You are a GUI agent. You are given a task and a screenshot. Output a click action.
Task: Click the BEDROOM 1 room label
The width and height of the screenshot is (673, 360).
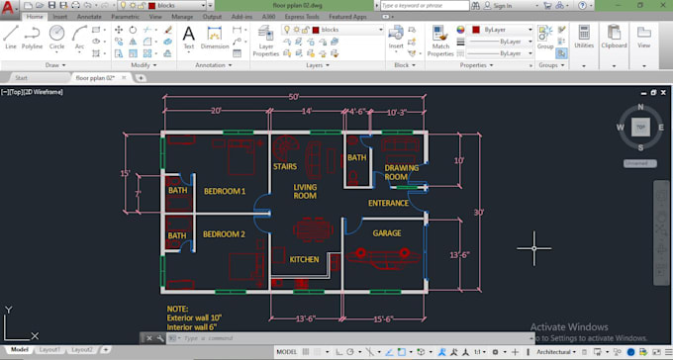tap(224, 191)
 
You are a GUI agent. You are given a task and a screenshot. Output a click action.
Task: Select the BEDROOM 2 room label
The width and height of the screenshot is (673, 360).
tap(224, 234)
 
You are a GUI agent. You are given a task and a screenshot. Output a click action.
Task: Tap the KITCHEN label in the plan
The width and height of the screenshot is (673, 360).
tap(304, 259)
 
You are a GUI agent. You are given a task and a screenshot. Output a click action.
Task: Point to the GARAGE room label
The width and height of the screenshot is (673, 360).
tap(386, 233)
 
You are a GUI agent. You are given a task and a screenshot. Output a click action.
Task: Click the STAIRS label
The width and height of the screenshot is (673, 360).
tap(286, 167)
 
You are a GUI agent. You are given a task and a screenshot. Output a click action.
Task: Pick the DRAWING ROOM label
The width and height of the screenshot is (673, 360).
tap(402, 172)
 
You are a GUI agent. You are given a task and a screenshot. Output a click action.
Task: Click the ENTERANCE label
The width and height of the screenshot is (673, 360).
tap(388, 203)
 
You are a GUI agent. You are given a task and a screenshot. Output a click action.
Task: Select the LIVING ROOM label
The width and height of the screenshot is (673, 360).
tap(305, 191)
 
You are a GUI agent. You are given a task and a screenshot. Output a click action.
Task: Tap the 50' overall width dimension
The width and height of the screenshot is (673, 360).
tap(295, 96)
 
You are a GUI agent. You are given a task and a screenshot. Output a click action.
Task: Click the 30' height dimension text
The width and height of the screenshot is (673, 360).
tap(478, 213)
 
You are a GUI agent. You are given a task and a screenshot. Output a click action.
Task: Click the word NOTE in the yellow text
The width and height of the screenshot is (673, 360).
tap(177, 309)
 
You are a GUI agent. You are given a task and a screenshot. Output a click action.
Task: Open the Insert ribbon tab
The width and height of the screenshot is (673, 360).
tap(60, 17)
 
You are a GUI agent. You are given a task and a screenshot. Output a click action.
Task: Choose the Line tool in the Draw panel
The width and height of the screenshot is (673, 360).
tap(11, 38)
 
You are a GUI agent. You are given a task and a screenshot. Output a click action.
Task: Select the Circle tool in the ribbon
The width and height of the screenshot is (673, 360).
tap(56, 38)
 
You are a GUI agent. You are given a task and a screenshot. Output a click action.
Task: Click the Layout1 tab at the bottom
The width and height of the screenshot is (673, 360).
tap(49, 350)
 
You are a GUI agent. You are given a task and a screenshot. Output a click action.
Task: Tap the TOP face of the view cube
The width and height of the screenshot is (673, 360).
tap(641, 127)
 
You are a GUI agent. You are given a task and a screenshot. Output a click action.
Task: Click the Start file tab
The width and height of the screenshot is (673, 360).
tap(22, 76)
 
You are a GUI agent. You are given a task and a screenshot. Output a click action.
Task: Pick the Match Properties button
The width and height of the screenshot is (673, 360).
tap(441, 40)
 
